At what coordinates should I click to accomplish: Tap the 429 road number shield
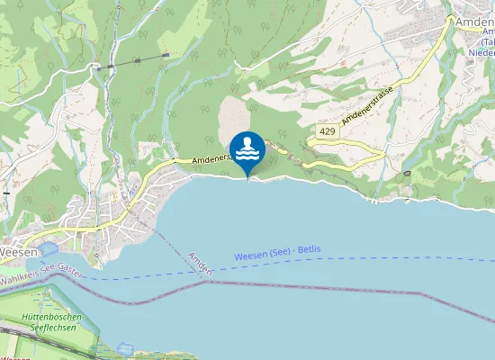pyautogui.click(x=326, y=131)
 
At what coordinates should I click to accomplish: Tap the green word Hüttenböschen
pyautogui.click(x=53, y=318)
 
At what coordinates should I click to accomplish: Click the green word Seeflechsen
pyautogui.click(x=53, y=329)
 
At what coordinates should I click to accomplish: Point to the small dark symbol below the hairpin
pyautogui.click(x=407, y=172)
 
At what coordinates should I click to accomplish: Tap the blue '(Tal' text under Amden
pyautogui.click(x=487, y=41)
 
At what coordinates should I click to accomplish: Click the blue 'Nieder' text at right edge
pyautogui.click(x=481, y=52)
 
